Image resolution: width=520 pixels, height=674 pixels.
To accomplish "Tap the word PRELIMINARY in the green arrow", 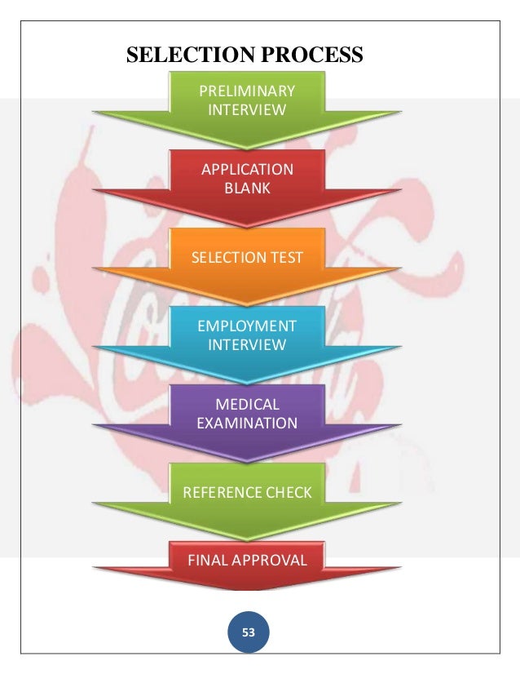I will (x=247, y=91).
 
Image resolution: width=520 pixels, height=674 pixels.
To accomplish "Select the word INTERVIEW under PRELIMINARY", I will (x=247, y=109).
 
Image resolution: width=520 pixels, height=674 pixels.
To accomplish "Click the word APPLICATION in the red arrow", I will (x=247, y=170).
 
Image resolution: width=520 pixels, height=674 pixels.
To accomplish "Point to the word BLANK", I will (x=247, y=188).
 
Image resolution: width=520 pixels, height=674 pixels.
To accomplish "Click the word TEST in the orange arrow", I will (x=285, y=258).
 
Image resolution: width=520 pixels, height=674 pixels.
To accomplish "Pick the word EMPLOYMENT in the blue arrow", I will (x=247, y=326).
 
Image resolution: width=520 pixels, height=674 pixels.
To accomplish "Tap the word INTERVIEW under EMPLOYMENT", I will (x=247, y=344).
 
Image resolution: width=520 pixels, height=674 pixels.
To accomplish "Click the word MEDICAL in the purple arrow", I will (x=247, y=405).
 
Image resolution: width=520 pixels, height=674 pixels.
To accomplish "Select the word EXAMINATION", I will (x=247, y=423).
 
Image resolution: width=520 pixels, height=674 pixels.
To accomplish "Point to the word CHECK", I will (x=293, y=492).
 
